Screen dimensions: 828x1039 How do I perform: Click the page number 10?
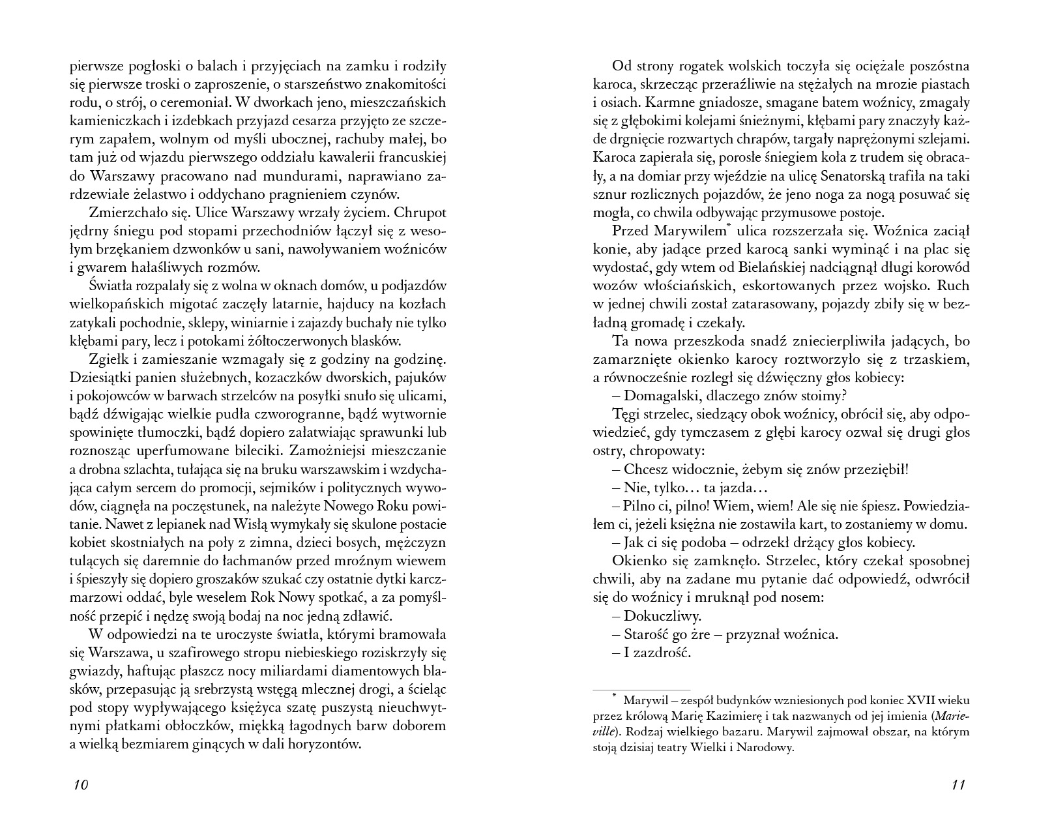[x=80, y=784]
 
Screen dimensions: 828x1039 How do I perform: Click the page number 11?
[x=958, y=784]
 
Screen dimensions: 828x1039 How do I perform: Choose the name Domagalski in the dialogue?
[x=660, y=395]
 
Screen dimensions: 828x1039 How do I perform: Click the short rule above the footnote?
[x=641, y=690]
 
